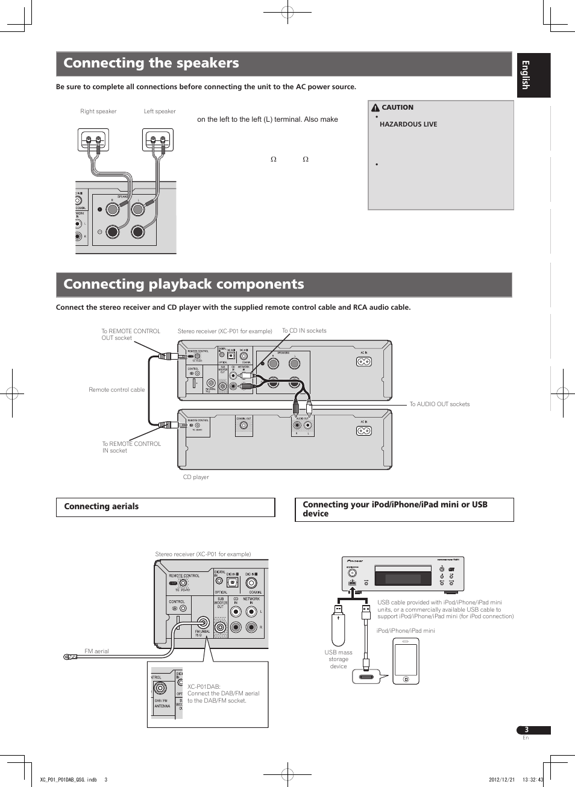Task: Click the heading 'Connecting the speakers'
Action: pyautogui.click(x=151, y=63)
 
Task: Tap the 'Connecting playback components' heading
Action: pyautogui.click(x=184, y=284)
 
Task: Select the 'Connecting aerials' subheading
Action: pyautogui.click(x=101, y=507)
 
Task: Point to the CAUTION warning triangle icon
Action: pyautogui.click(x=375, y=108)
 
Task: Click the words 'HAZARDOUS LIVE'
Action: pyautogui.click(x=408, y=124)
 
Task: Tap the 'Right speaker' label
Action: pyautogui.click(x=98, y=111)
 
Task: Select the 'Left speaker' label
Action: pyautogui.click(x=160, y=111)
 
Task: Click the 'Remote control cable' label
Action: pyautogui.click(x=116, y=390)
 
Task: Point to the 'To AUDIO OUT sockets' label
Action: pyautogui.click(x=439, y=404)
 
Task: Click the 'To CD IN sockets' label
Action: pyautogui.click(x=304, y=331)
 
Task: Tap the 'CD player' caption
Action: pyautogui.click(x=196, y=477)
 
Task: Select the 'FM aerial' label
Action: pyautogui.click(x=96, y=651)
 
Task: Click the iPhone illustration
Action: pyautogui.click(x=406, y=661)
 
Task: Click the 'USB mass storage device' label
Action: pyautogui.click(x=338, y=659)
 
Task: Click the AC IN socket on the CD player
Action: pyautogui.click(x=363, y=431)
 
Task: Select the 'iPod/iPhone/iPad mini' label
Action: pyautogui.click(x=405, y=631)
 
